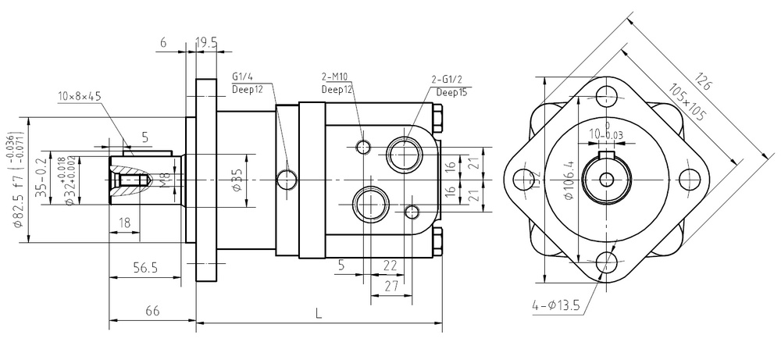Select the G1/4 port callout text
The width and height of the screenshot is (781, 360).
[243, 77]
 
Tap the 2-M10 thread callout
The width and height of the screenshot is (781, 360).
[335, 78]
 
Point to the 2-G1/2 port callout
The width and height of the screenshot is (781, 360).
[448, 80]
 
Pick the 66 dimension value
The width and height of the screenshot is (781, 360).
[152, 311]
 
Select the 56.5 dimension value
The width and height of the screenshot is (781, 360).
[144, 267]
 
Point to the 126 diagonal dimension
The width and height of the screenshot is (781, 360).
[704, 81]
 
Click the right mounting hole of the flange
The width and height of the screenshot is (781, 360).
[687, 178]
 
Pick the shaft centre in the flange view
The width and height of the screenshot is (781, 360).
[607, 178]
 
